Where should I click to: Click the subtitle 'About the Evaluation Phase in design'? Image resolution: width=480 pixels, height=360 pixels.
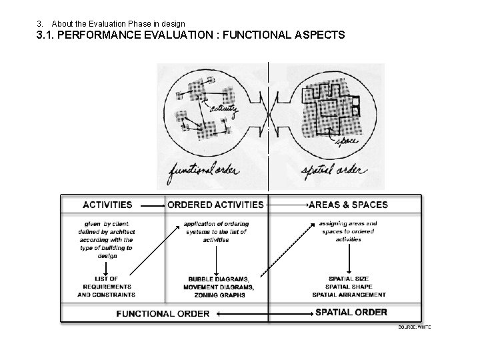[x=123, y=24]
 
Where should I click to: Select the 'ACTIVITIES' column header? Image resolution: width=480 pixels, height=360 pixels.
[x=107, y=205]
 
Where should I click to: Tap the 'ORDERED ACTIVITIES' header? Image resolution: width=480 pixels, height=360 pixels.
[x=215, y=205]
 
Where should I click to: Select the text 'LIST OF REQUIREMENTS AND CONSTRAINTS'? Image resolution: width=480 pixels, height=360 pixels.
[x=107, y=286]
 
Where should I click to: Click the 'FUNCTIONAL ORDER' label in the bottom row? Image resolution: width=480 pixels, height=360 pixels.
[x=163, y=313]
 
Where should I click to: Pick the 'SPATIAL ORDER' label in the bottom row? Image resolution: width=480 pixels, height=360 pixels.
[x=351, y=312]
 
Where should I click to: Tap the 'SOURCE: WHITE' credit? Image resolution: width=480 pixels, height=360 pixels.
[x=414, y=327]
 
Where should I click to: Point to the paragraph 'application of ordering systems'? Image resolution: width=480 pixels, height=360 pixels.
[x=216, y=231]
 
